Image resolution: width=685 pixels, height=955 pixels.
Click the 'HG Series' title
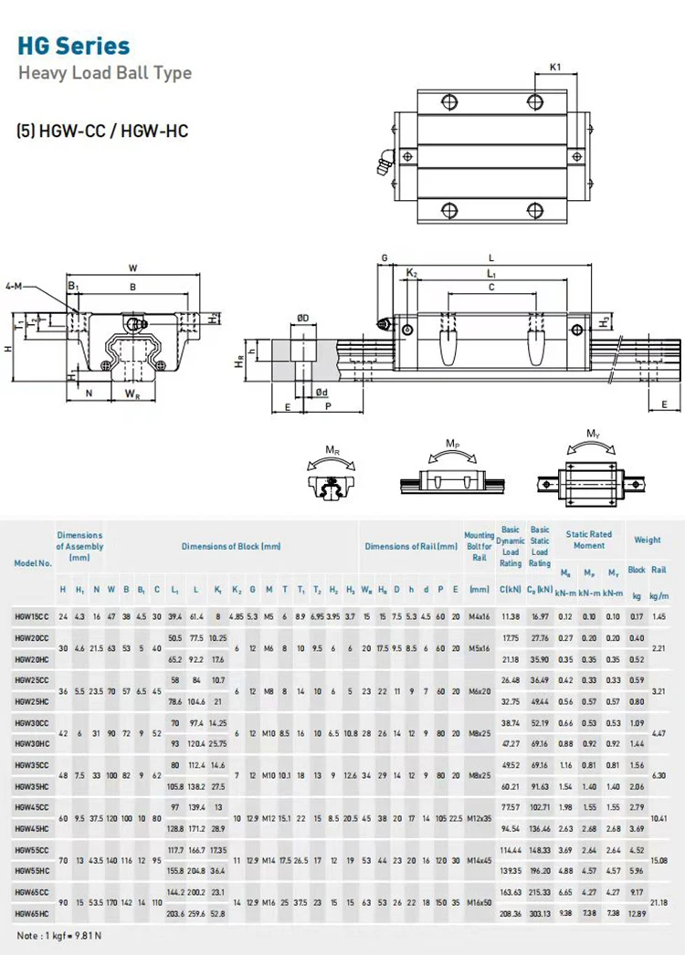(74, 46)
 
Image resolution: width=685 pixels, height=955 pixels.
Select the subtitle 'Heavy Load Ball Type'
(105, 73)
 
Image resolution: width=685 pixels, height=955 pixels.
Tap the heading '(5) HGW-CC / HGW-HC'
(102, 131)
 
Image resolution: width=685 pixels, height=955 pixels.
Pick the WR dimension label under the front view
(132, 394)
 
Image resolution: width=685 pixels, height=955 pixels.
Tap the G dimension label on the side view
(385, 258)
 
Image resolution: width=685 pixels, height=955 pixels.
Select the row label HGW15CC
(32, 617)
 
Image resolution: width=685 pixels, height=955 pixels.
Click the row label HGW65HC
(32, 912)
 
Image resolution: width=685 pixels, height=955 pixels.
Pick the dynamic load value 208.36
(510, 912)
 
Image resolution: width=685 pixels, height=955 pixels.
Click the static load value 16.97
(540, 617)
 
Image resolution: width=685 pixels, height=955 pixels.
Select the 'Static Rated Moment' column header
(588, 540)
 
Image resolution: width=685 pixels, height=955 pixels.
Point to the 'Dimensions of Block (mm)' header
(231, 546)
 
